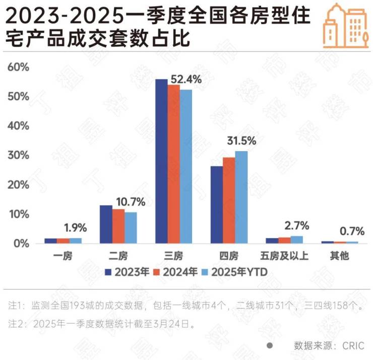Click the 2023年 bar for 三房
[161, 161]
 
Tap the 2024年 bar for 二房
[118, 226]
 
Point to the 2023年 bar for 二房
[106, 224]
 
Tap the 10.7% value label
[131, 202]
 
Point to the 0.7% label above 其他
[351, 232]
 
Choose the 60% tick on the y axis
[18, 67]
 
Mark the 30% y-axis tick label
[18, 155]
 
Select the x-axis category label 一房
[63, 256]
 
